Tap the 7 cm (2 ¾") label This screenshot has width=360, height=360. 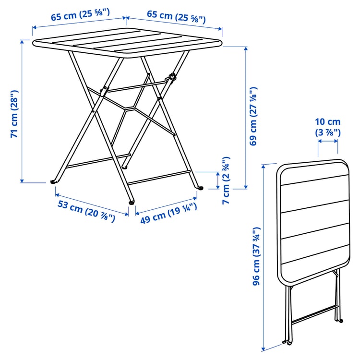226,180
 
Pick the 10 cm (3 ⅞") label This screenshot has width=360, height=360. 328,127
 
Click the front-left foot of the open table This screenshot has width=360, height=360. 53,182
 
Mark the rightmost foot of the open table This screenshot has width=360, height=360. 201,188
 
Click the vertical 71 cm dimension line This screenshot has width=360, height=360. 22,110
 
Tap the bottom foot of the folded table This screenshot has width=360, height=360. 288,342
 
